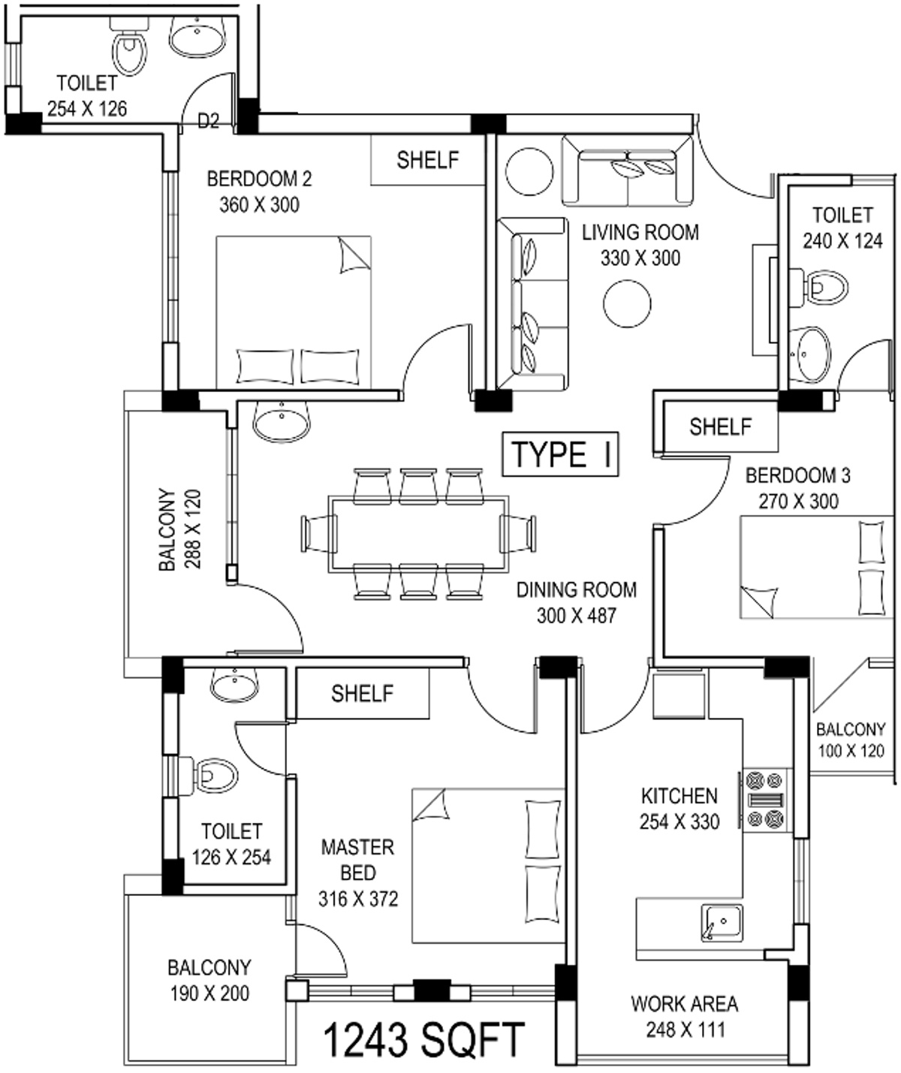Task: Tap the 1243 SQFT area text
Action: point(423,1041)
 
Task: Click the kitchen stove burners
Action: point(765,800)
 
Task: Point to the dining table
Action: point(418,533)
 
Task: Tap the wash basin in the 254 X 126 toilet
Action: point(197,36)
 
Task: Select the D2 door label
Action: point(208,120)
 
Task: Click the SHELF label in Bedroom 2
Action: point(427,160)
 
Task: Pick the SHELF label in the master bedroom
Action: point(362,693)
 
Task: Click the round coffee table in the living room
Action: point(627,303)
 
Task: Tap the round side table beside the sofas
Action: point(529,171)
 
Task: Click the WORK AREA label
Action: point(684,1004)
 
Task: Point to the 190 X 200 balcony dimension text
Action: point(209,993)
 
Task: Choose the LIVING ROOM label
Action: point(640,233)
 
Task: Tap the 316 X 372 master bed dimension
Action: point(358,899)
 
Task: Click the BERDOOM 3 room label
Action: point(797,475)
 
